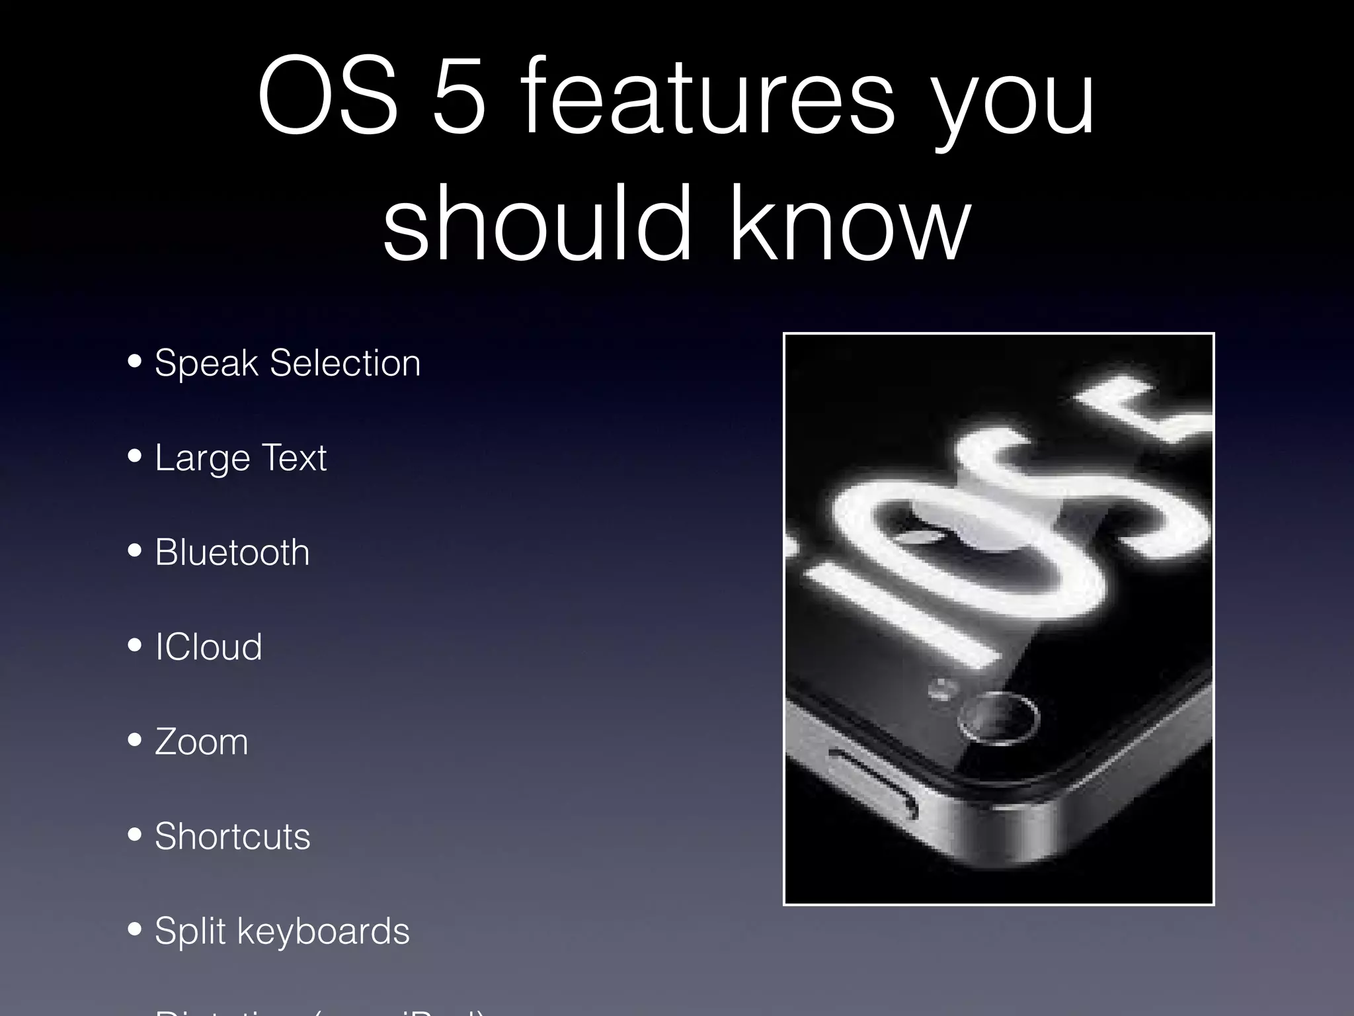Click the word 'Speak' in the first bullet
206,363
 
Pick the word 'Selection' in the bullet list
344,363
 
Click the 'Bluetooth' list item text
232,552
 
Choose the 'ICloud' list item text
208,647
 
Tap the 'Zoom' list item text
202,741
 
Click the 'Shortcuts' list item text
232,836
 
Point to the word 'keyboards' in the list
323,931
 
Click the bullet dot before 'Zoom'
136,740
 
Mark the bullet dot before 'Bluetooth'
136,550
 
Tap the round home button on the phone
998,718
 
